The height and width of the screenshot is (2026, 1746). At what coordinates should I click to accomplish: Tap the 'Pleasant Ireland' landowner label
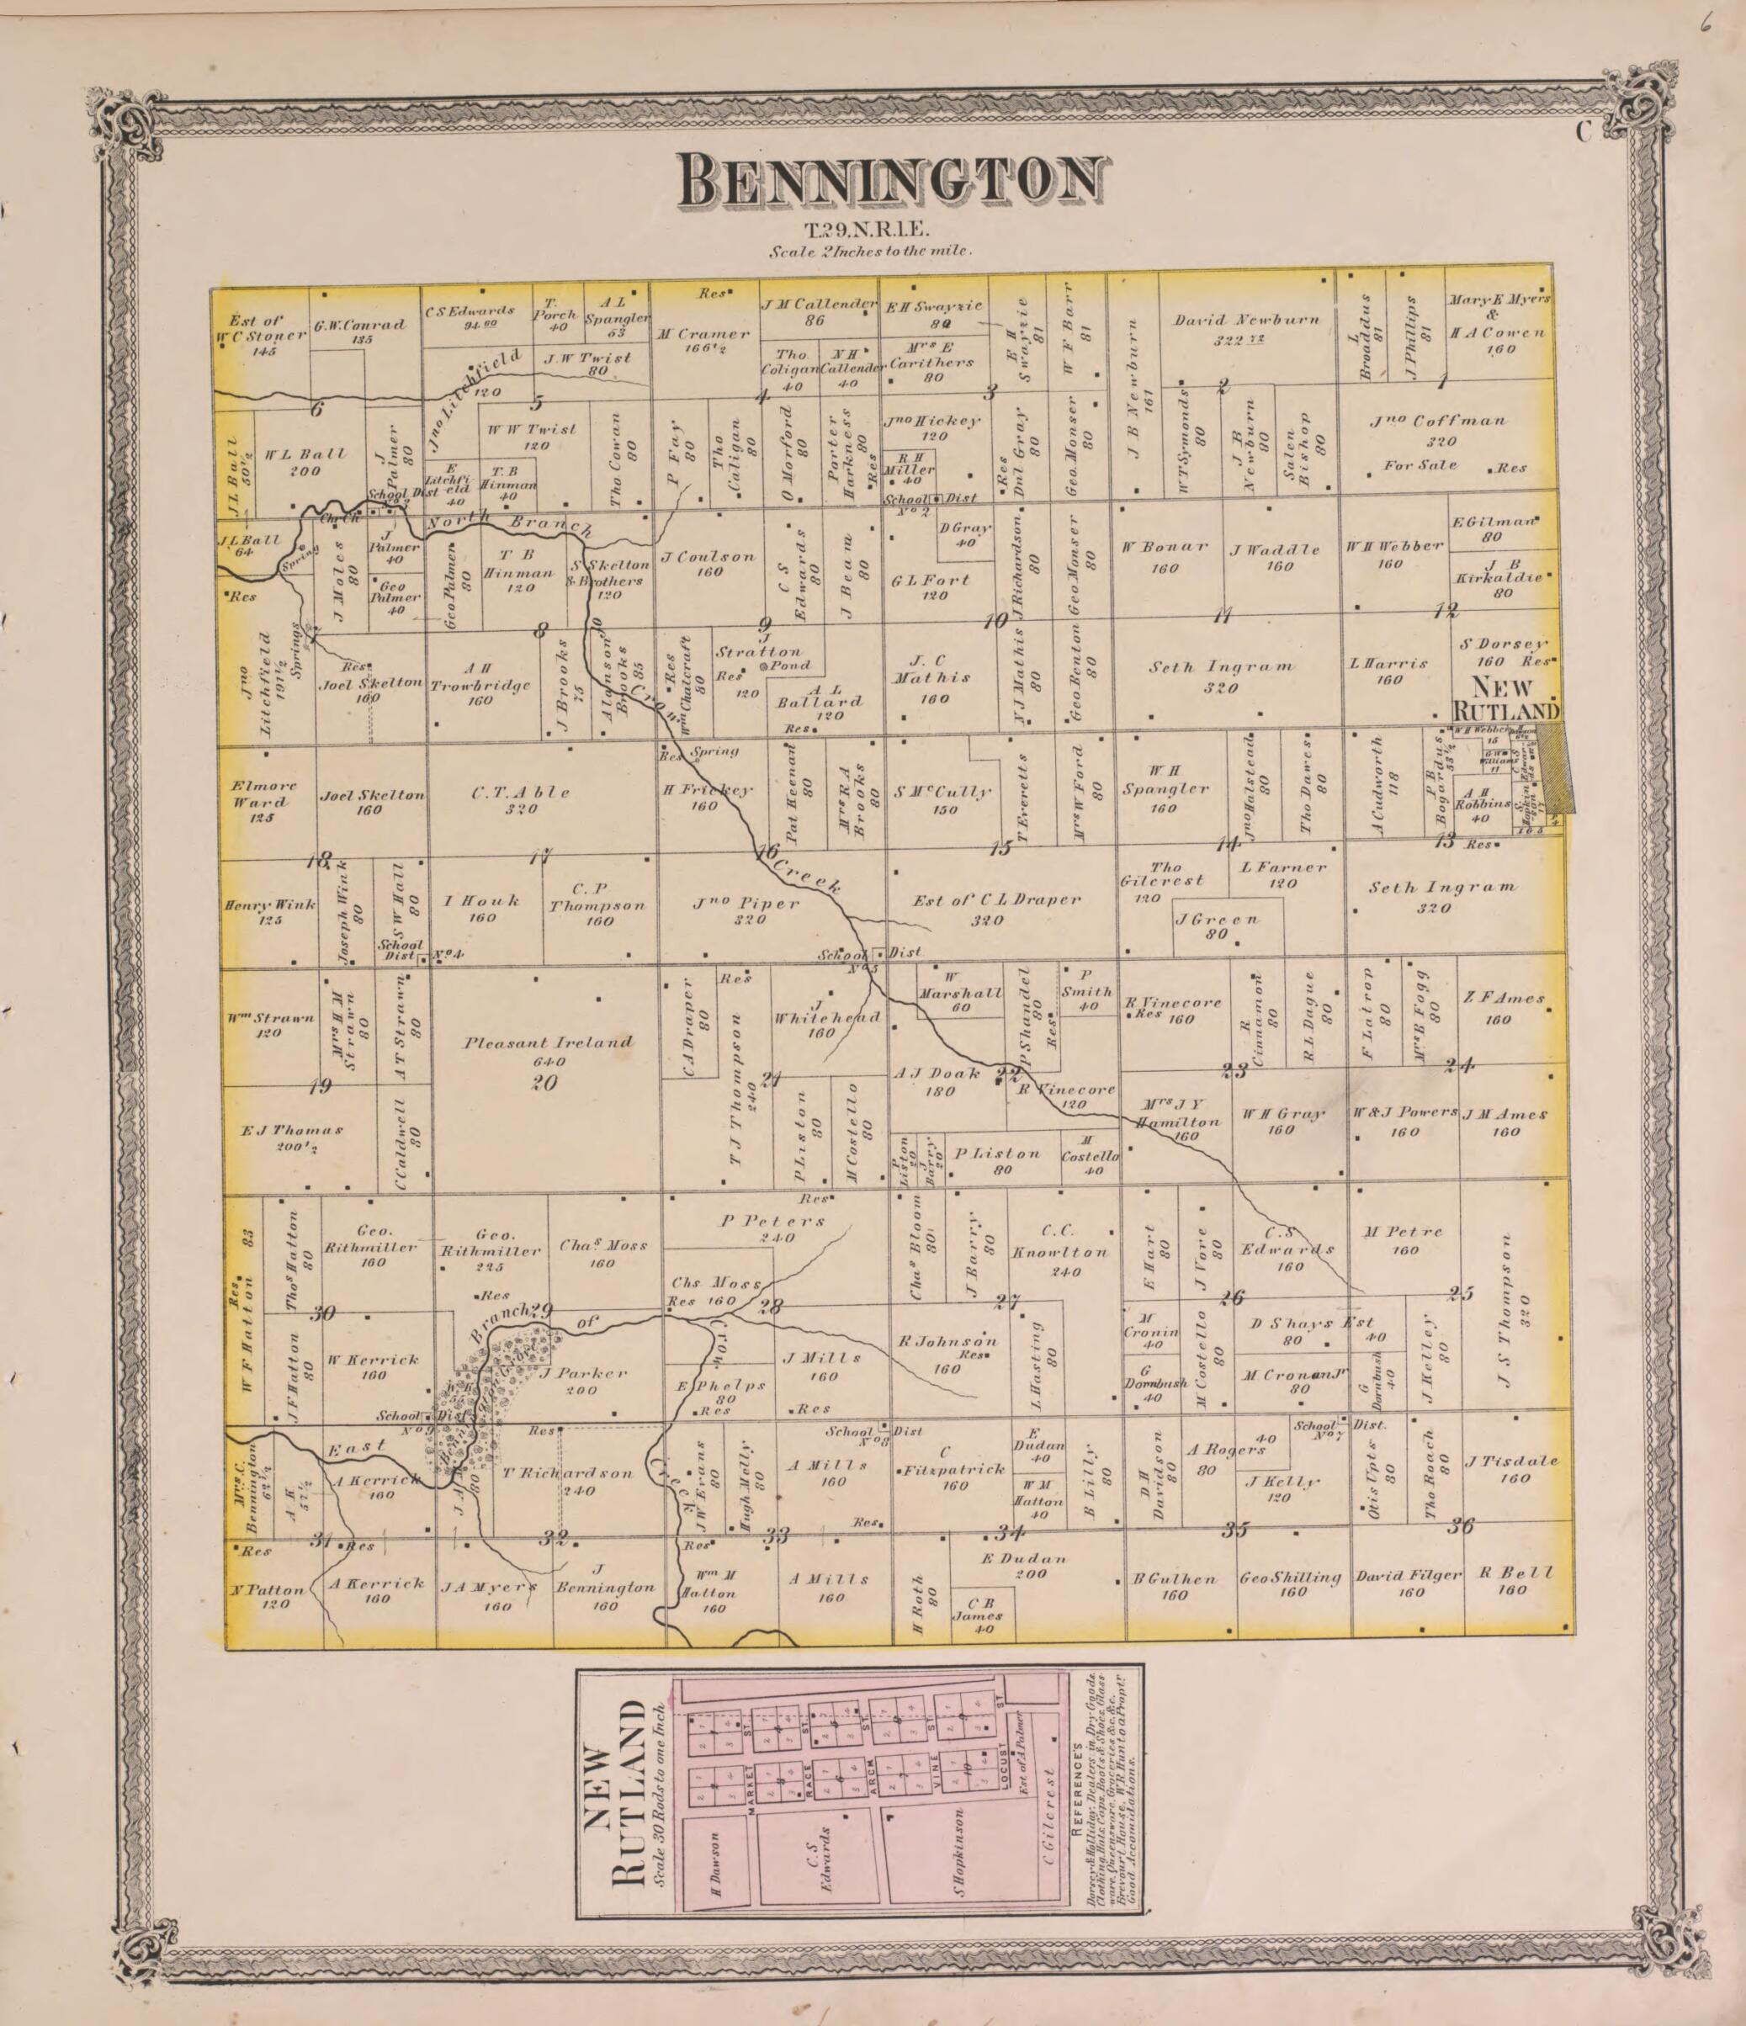(x=548, y=1042)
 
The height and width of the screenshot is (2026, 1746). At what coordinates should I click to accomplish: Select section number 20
(x=544, y=1083)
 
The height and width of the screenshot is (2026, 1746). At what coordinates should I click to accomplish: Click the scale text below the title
(x=869, y=252)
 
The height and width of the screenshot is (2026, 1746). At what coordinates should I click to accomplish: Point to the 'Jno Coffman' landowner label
(x=1438, y=421)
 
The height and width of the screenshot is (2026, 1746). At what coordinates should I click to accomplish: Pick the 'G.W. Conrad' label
(x=359, y=326)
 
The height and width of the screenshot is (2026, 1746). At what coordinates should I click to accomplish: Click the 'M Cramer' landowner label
(x=703, y=333)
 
